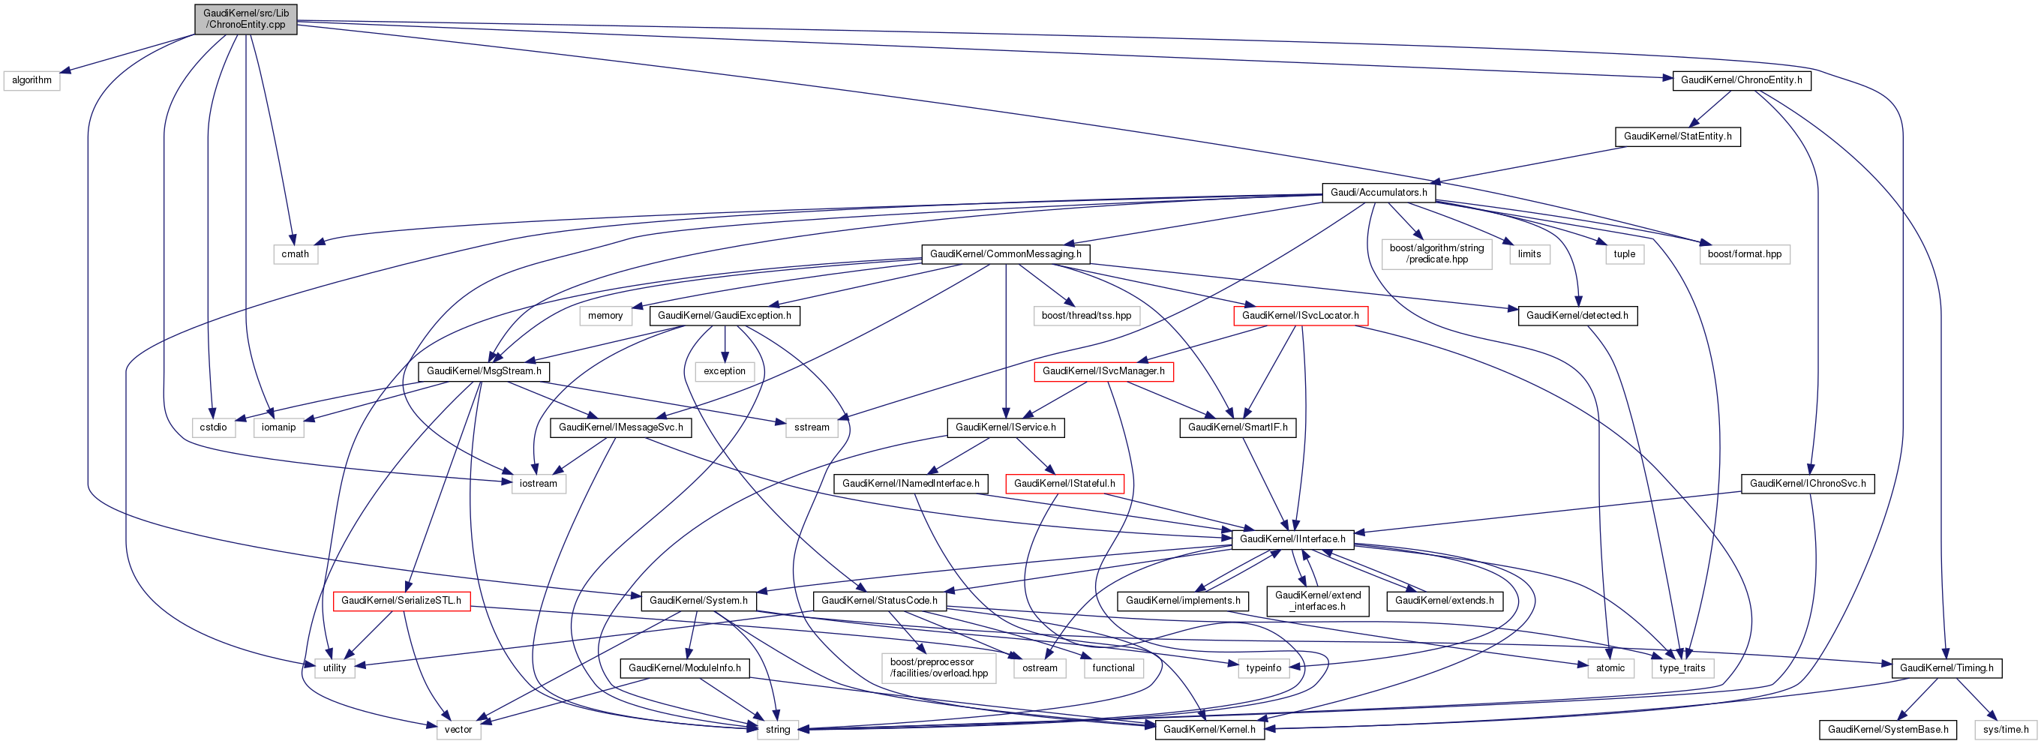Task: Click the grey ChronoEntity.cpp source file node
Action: tap(245, 19)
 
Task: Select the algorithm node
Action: tap(32, 80)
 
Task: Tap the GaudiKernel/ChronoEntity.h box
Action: tap(1741, 80)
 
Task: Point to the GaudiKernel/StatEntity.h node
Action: tap(1677, 136)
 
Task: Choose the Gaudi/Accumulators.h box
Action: tap(1378, 193)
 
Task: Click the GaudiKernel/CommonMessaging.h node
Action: tap(1004, 254)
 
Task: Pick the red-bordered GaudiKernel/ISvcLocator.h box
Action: tap(1299, 315)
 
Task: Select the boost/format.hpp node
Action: tap(1744, 254)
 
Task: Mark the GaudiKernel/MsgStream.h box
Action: tap(483, 370)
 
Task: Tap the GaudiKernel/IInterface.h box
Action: tap(1292, 538)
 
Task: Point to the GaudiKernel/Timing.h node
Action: tap(1946, 668)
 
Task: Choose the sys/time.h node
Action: tap(2005, 729)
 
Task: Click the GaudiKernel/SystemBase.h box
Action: tap(1887, 729)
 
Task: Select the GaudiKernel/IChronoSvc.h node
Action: tap(1807, 483)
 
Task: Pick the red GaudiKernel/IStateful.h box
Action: tap(1064, 483)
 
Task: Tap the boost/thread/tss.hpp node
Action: tap(1086, 315)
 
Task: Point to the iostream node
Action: tap(538, 483)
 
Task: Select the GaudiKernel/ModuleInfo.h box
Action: tap(685, 668)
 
